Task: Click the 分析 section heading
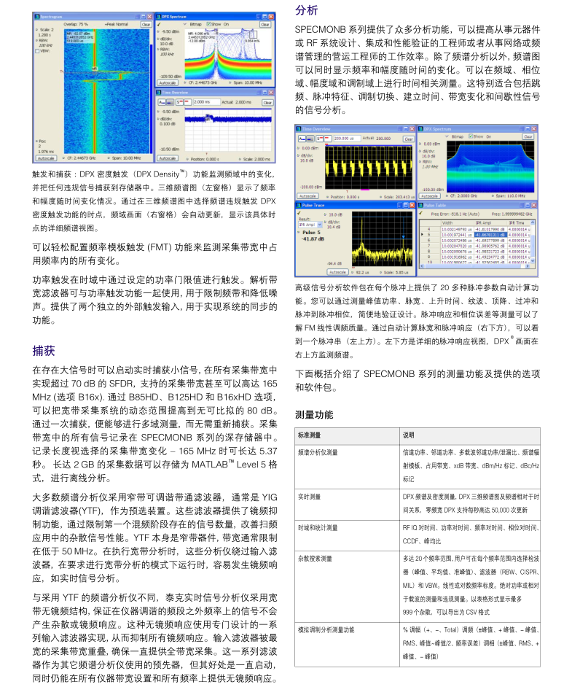[306, 10]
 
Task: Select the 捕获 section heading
[43, 350]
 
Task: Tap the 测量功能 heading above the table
[314, 414]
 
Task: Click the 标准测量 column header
[310, 435]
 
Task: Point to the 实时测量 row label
[310, 497]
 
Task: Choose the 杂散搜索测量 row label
[315, 558]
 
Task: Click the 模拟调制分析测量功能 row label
[325, 629]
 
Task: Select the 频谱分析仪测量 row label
[317, 452]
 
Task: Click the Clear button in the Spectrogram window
[145, 24]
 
